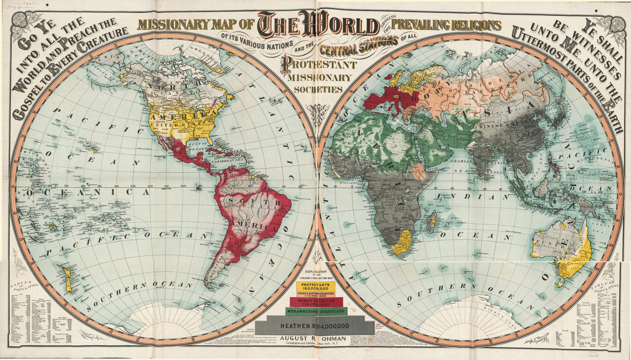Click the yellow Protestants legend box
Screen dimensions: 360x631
click(315, 285)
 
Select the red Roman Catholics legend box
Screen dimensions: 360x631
click(316, 302)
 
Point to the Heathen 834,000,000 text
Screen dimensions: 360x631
click(314, 326)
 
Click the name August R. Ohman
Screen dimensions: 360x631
click(315, 339)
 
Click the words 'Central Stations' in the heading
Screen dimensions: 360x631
click(360, 44)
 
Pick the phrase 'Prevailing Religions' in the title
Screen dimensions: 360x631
click(445, 25)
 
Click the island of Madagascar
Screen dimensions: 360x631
click(433, 221)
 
